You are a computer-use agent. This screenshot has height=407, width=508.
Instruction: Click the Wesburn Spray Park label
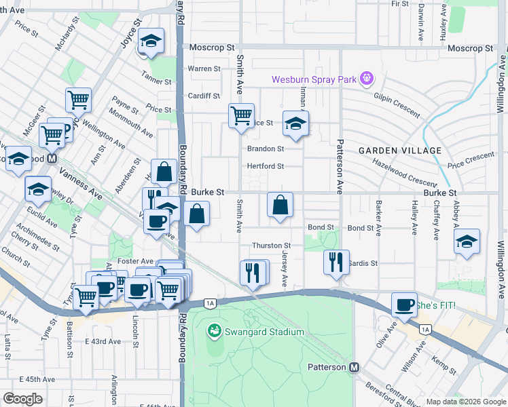point(314,79)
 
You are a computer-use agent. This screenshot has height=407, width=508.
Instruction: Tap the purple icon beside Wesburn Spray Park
point(367,79)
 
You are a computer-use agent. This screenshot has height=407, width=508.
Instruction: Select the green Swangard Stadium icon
point(215,331)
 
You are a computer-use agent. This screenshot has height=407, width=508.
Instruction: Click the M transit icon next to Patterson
point(354,367)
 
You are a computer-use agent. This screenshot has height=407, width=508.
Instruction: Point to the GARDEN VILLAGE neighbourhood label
point(400,150)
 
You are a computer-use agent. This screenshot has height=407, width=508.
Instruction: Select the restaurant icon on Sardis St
point(335,261)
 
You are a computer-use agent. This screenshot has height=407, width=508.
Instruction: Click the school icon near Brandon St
point(295,123)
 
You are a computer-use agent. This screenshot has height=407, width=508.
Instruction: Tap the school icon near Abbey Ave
point(466,241)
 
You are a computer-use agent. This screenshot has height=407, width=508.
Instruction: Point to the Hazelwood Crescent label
point(404,173)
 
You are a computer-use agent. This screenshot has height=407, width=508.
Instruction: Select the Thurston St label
point(271,246)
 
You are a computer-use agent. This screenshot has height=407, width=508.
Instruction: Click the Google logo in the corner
point(22,399)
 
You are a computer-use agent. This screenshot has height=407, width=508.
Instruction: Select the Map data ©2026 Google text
point(465,402)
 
